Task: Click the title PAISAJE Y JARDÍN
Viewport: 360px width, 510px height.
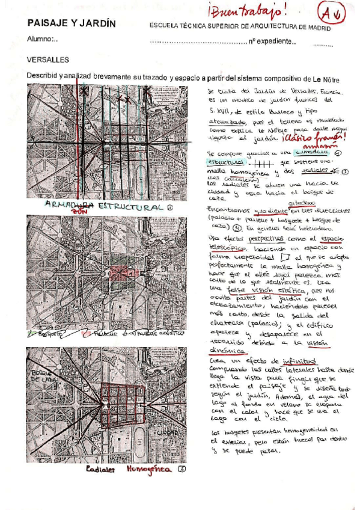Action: coord(72,23)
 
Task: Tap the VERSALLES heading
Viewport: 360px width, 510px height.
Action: coord(48,60)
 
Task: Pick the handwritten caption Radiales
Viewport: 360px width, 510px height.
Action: coord(101,469)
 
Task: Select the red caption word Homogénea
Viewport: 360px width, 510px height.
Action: coord(147,469)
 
